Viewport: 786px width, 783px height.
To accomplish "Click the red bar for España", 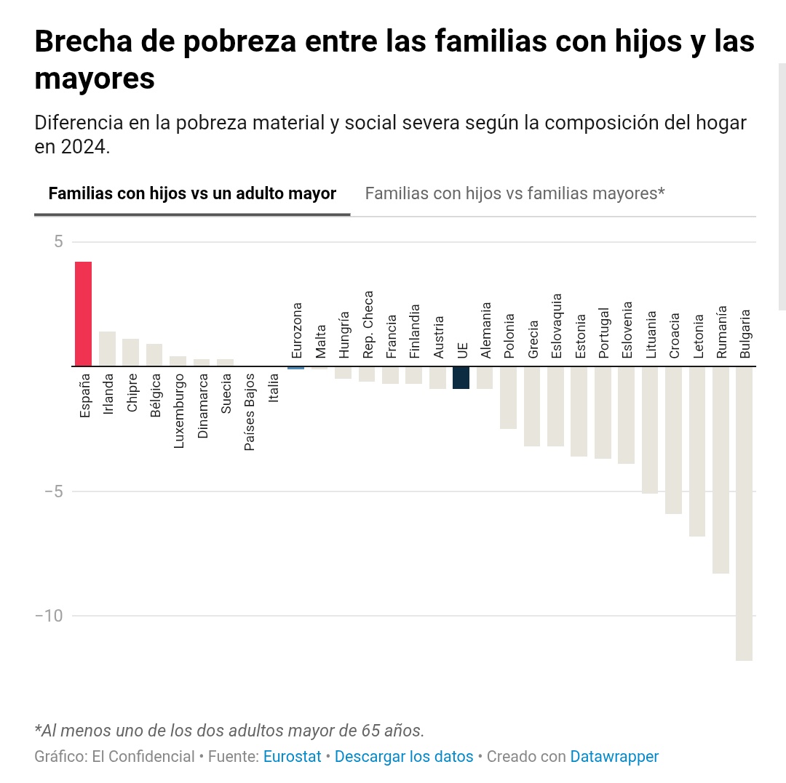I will [x=83, y=313].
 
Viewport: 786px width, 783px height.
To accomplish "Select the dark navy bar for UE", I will [x=461, y=377].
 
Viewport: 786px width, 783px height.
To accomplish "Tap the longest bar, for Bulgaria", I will [x=744, y=513].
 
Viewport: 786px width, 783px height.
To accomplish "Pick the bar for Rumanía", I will [x=720, y=469].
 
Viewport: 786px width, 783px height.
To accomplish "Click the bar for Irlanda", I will [x=107, y=348].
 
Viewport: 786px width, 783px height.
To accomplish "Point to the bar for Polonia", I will [x=508, y=397].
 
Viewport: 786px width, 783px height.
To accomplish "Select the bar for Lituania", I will [x=650, y=430].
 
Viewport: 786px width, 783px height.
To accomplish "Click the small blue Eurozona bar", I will [x=295, y=367].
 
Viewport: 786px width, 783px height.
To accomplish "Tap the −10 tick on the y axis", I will [x=49, y=616].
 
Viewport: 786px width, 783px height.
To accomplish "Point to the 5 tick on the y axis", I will [x=58, y=241].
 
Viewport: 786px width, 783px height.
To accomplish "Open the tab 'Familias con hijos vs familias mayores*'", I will [x=515, y=193].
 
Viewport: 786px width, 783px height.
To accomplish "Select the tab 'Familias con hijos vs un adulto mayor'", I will [x=192, y=193].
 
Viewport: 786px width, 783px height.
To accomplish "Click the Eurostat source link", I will [x=292, y=756].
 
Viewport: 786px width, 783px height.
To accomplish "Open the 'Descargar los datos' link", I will [x=404, y=756].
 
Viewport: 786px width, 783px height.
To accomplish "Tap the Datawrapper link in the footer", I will [x=614, y=756].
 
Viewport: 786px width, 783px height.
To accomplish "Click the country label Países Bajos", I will [x=250, y=411].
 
